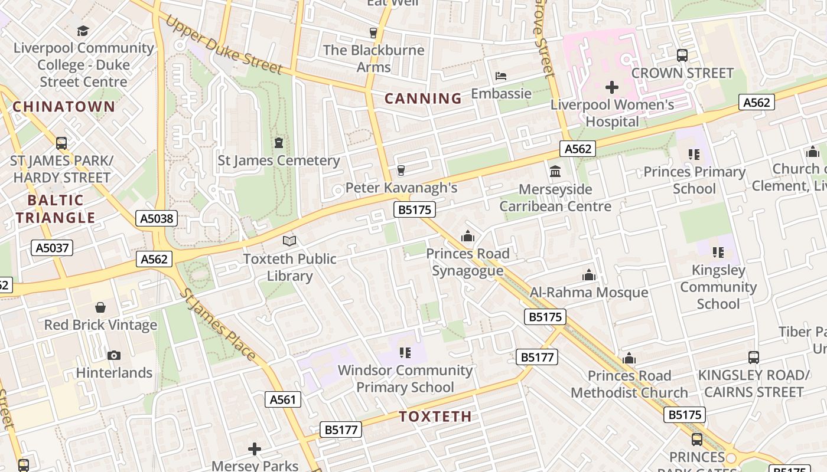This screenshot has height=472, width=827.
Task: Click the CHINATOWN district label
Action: click(x=64, y=107)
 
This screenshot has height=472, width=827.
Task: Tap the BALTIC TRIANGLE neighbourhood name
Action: click(x=56, y=209)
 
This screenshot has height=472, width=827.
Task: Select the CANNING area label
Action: click(x=423, y=99)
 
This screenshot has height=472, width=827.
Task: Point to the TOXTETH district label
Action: click(x=435, y=417)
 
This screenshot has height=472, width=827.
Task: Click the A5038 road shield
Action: click(x=156, y=219)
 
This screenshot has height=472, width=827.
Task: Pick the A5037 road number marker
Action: click(x=52, y=248)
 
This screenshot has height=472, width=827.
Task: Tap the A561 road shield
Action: click(x=282, y=399)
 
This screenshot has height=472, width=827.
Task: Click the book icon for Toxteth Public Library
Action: click(x=289, y=241)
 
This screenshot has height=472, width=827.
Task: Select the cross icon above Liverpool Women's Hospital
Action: click(x=612, y=88)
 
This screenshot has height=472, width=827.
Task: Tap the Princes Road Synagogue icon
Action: click(x=468, y=237)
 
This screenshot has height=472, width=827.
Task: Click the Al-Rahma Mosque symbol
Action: click(x=588, y=275)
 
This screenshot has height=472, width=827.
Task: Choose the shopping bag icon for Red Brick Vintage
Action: click(x=100, y=307)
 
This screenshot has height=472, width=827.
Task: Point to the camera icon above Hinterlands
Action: click(x=114, y=355)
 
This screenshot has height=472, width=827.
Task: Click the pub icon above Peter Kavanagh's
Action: click(x=401, y=171)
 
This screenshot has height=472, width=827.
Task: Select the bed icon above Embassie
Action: click(x=501, y=76)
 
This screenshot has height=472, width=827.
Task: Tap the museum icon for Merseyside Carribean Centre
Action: click(x=555, y=172)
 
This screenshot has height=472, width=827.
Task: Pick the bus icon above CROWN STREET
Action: click(x=682, y=55)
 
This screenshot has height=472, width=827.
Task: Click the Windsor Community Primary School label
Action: click(x=405, y=379)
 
